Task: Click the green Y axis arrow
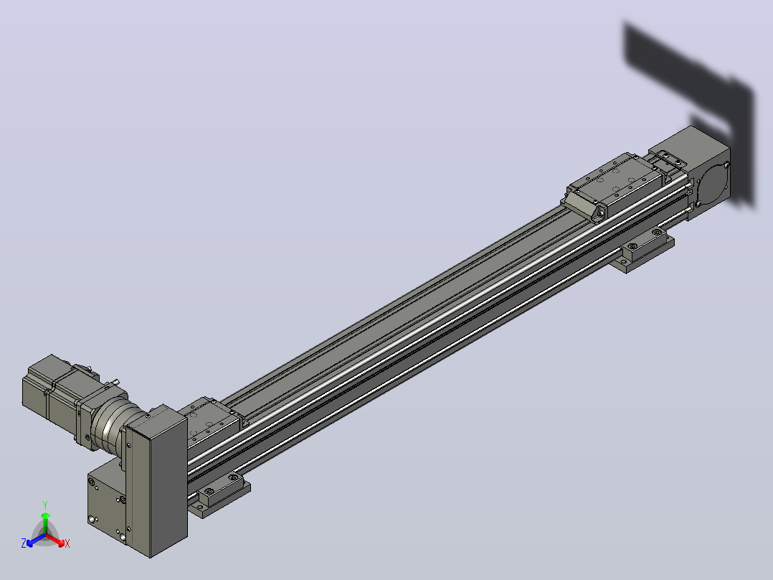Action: point(45,523)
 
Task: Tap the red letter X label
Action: point(67,543)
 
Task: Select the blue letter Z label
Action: point(23,543)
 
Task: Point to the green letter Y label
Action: point(45,505)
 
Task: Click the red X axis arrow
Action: point(55,540)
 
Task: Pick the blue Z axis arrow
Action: point(36,540)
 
